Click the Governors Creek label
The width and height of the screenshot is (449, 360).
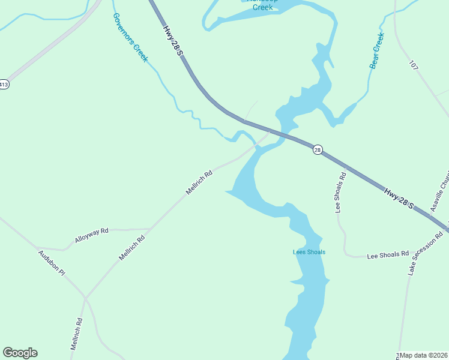tap(130, 37)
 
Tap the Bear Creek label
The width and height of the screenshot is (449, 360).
tap(377, 50)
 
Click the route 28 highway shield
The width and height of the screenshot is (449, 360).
tap(318, 149)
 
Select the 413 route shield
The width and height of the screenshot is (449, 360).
tap(4, 85)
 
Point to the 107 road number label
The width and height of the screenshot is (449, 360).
tap(414, 64)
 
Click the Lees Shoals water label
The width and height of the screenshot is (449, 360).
tap(309, 252)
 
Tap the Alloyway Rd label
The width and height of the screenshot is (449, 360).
tap(91, 235)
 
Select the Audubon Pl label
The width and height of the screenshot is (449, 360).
tap(51, 263)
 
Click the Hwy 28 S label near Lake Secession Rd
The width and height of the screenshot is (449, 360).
tap(399, 198)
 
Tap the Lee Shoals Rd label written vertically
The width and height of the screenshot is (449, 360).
tap(341, 193)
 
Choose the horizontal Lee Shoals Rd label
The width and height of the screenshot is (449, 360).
tap(387, 254)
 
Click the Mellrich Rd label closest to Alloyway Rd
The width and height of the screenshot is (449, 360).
tap(132, 247)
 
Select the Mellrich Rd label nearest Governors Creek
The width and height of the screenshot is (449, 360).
tap(199, 183)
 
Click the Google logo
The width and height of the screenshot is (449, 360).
tap(20, 353)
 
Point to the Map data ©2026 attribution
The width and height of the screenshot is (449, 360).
tap(424, 355)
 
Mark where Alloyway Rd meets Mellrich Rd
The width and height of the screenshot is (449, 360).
tap(149, 229)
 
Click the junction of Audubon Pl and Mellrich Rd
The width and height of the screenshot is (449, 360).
tap(85, 298)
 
